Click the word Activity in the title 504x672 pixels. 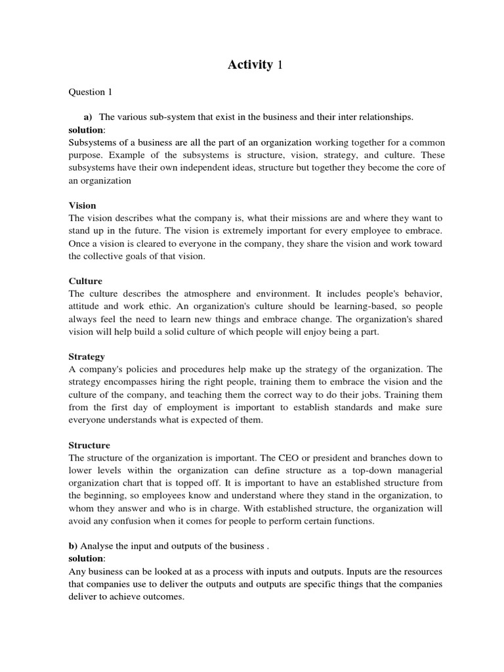pyautogui.click(x=249, y=64)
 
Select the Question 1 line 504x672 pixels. pyautogui.click(x=92, y=93)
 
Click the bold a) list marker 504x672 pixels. pyautogui.click(x=87, y=117)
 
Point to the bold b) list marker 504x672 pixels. pyautogui.click(x=73, y=546)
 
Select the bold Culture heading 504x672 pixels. pyautogui.click(x=85, y=281)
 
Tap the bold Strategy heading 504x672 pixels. pyautogui.click(x=87, y=357)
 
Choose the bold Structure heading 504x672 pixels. pyautogui.click(x=89, y=446)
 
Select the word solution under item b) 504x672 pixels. pyautogui.click(x=85, y=558)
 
